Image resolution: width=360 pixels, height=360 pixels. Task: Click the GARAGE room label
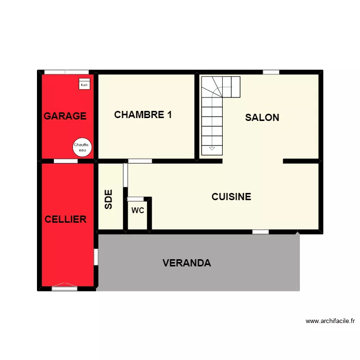(x=65, y=116)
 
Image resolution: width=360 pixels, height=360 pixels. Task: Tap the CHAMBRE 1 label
(x=143, y=115)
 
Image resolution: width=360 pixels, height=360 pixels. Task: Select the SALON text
(x=262, y=118)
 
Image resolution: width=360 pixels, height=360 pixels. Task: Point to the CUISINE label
(x=231, y=197)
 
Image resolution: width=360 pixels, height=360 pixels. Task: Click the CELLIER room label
(x=65, y=219)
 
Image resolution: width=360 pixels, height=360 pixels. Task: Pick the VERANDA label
(x=187, y=263)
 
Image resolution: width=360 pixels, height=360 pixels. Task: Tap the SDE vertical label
(x=108, y=199)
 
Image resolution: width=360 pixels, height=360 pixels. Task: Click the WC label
(x=138, y=210)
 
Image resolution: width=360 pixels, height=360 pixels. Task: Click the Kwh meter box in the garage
(x=84, y=84)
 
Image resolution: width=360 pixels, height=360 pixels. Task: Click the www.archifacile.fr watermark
(x=330, y=321)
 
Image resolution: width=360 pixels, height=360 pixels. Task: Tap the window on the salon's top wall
(x=271, y=72)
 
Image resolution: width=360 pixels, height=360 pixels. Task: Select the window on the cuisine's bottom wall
(x=261, y=232)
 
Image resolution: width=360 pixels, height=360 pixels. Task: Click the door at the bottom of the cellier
(x=64, y=288)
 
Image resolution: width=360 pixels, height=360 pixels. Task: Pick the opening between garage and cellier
(x=66, y=161)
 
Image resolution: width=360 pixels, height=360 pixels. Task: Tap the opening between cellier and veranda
(x=96, y=257)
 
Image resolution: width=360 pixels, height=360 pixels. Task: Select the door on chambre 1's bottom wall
(x=140, y=161)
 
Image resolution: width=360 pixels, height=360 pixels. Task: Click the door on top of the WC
(x=135, y=199)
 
